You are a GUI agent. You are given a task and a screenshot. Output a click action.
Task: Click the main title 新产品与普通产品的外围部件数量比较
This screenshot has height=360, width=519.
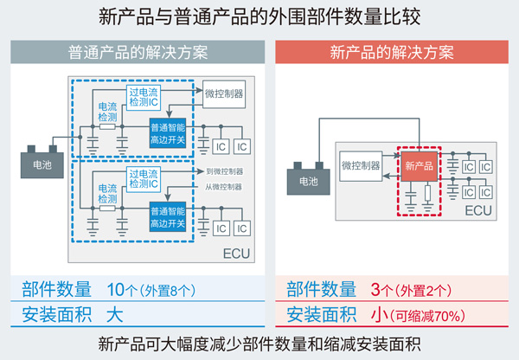click(x=259, y=17)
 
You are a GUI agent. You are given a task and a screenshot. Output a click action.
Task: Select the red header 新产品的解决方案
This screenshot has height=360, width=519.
click(x=392, y=51)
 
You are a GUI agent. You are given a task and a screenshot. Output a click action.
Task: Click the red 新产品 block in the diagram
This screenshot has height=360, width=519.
click(x=420, y=164)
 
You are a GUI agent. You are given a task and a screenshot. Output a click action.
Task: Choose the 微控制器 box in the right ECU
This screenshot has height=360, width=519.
click(x=362, y=164)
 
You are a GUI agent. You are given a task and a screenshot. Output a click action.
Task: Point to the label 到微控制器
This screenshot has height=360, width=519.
click(x=224, y=171)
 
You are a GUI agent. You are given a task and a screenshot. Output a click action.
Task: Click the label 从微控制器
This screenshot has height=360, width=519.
click(x=224, y=187)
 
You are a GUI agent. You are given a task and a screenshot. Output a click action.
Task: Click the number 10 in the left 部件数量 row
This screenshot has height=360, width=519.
click(x=115, y=288)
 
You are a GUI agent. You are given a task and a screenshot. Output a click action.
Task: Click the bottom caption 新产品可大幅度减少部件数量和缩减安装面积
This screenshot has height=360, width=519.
click(x=259, y=343)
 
